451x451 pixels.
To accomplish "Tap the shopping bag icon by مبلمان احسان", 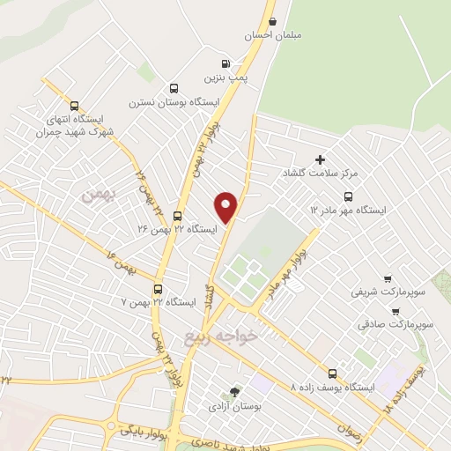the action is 273,22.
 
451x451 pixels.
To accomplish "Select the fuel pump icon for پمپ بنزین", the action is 226,63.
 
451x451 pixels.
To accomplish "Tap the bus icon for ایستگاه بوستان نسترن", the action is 174,88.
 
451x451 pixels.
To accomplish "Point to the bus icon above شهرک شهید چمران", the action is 73,105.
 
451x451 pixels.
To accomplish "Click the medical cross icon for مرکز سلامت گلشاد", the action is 320,159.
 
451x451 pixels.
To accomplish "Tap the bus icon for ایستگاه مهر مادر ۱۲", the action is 348,196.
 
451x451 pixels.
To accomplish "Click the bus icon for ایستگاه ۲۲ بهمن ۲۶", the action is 177,216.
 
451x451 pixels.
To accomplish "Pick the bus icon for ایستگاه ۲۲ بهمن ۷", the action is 159,288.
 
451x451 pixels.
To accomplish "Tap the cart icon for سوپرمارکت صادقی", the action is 395,311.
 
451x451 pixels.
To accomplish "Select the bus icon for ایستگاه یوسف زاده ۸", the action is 332,373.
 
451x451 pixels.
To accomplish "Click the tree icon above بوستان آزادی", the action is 234,392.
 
